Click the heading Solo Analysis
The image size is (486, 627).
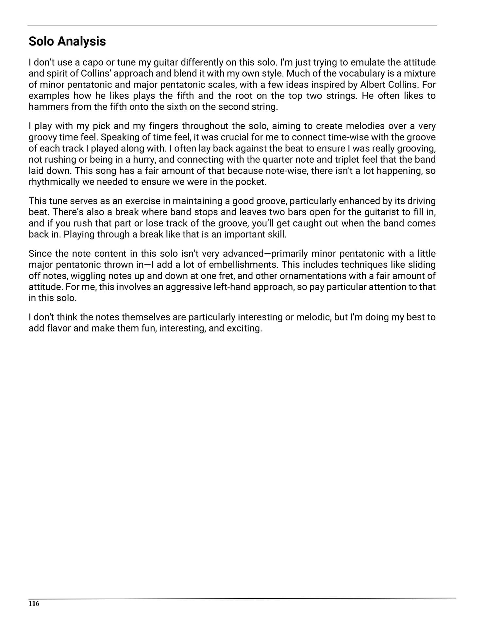click(x=67, y=41)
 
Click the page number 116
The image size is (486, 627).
click(x=34, y=603)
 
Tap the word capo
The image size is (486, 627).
click(x=92, y=62)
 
